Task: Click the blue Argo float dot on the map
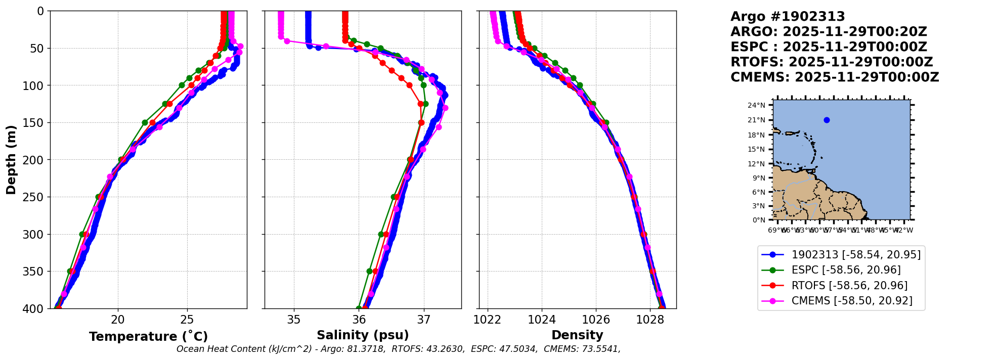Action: pyautogui.click(x=827, y=120)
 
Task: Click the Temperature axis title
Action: pyautogui.click(x=148, y=337)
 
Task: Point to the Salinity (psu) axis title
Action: pyautogui.click(x=363, y=335)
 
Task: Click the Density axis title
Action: pyautogui.click(x=577, y=335)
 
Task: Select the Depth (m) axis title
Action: pyautogui.click(x=11, y=159)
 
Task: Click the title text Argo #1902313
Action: pyautogui.click(x=788, y=17)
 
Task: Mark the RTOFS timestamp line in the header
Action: pyautogui.click(x=832, y=62)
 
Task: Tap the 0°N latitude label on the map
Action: pyautogui.click(x=759, y=220)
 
